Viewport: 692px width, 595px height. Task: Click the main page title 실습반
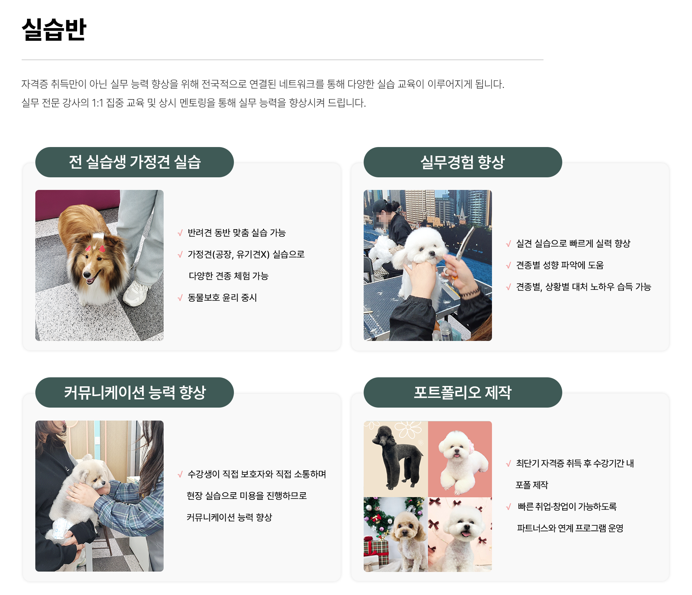(x=54, y=30)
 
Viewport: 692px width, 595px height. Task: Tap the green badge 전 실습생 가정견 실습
(x=134, y=162)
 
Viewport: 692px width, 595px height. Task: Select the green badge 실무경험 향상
(x=463, y=162)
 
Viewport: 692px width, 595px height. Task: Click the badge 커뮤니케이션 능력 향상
(x=134, y=392)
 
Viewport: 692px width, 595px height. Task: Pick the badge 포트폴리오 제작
(x=463, y=392)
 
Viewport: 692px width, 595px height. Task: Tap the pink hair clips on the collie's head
(x=95, y=248)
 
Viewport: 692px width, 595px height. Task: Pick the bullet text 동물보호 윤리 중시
(x=222, y=298)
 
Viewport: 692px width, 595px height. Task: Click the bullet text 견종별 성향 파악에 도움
(x=560, y=265)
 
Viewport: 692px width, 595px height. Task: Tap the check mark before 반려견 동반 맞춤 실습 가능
(x=180, y=233)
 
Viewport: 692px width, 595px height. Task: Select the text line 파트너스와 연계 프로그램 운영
(x=570, y=528)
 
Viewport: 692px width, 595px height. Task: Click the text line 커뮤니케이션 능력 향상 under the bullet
(x=229, y=518)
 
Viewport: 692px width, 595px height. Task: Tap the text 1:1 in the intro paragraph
(x=97, y=103)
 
